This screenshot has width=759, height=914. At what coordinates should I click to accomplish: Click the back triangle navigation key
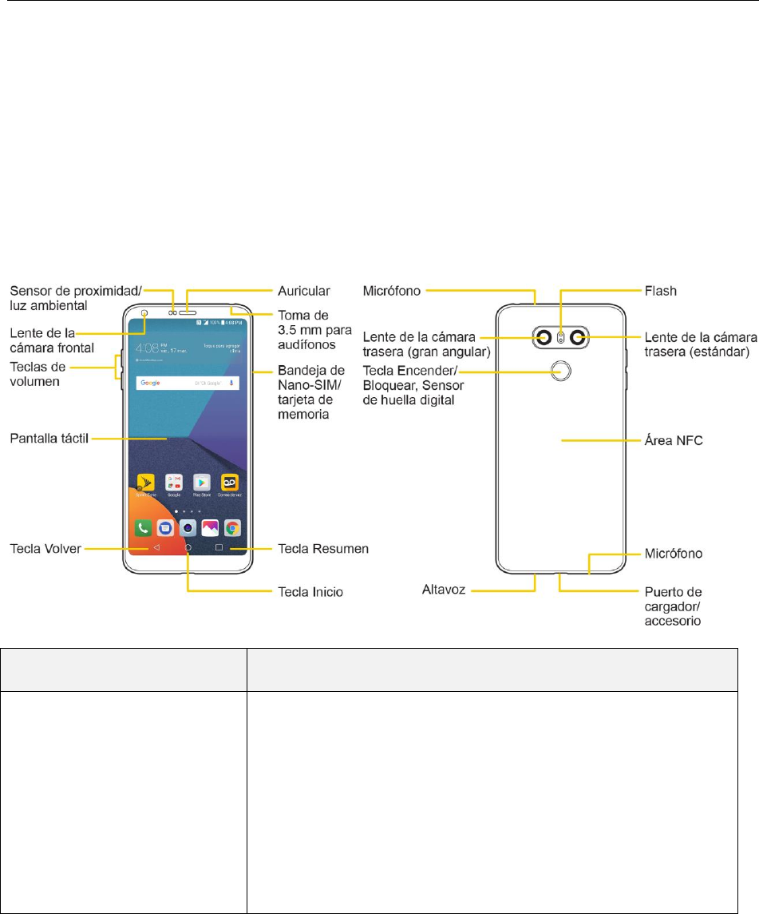pos(157,548)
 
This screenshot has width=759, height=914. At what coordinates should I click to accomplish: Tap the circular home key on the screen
pos(188,548)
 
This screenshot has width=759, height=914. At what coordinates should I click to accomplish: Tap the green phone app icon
pos(144,527)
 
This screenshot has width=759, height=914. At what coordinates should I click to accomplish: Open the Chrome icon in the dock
pos(232,527)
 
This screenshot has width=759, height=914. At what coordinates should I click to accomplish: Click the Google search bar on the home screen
pos(188,383)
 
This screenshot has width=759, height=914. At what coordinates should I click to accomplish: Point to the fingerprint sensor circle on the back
pos(561,369)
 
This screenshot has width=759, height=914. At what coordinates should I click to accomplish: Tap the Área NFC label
pos(674,440)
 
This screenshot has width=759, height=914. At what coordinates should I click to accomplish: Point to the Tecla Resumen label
pos(322,549)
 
